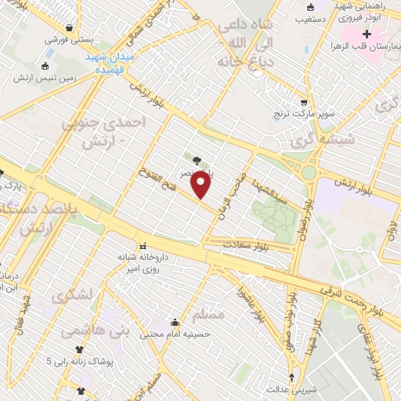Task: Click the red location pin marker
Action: tap(202, 185)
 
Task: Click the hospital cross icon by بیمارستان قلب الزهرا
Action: tap(366, 34)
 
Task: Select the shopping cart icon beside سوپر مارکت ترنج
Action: tap(304, 102)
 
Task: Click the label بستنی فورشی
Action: tap(68, 38)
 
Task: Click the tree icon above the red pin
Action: tap(196, 161)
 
